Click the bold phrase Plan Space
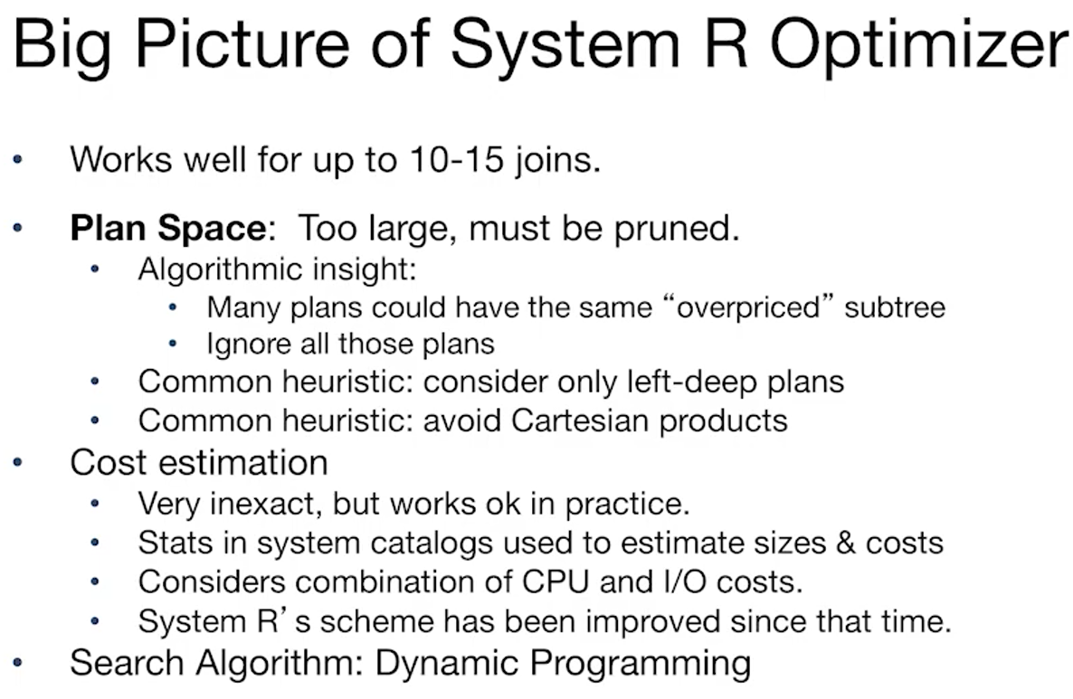point(168,228)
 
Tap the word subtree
point(895,307)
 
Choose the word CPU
point(552,581)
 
